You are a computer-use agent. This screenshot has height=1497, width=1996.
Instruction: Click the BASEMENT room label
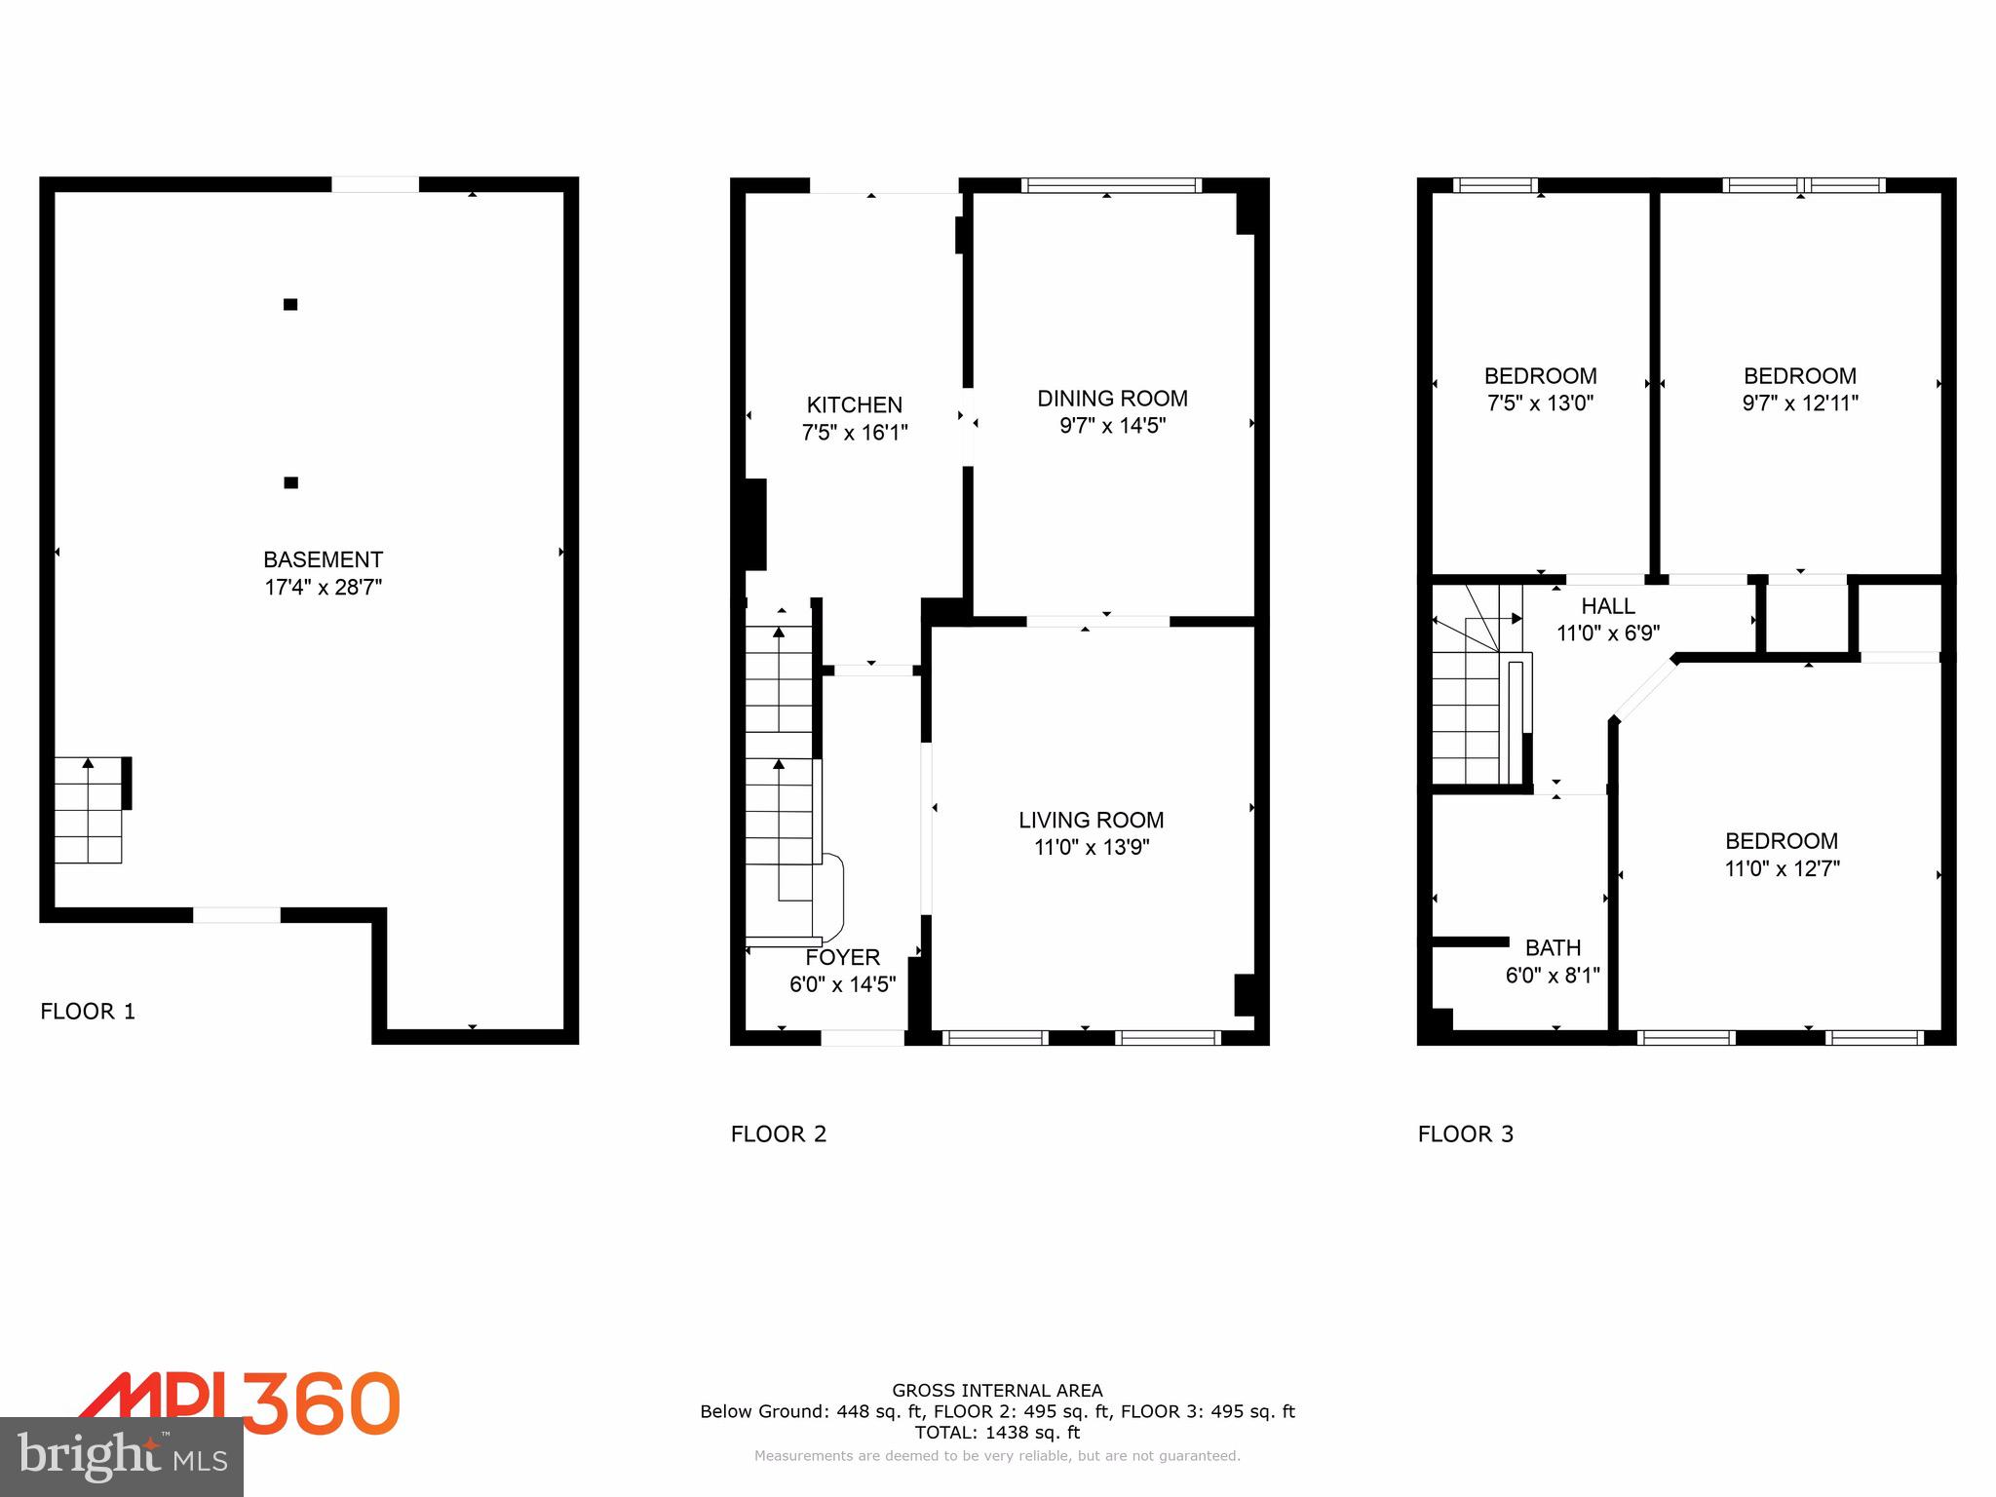[x=323, y=559]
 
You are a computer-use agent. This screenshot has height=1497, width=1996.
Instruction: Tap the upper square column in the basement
[x=290, y=304]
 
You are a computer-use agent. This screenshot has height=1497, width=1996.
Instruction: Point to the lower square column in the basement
[x=290, y=482]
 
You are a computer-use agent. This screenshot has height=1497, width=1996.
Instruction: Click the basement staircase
[x=89, y=810]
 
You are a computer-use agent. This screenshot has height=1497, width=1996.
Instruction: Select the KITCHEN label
[x=854, y=404]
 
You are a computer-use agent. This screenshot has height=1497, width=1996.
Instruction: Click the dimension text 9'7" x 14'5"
[x=1112, y=426]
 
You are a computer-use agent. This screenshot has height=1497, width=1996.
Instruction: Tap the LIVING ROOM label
[x=1091, y=820]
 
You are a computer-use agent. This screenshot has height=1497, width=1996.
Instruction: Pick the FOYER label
[x=842, y=957]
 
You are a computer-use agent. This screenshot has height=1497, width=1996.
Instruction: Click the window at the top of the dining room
[x=1111, y=185]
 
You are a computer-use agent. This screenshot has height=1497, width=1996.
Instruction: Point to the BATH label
[x=1553, y=947]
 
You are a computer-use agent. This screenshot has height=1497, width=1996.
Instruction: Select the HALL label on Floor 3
[x=1607, y=605]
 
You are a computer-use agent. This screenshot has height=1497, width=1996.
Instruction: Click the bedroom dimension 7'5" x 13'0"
[x=1540, y=403]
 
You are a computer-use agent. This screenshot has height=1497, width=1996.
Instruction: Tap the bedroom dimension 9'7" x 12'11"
[x=1799, y=403]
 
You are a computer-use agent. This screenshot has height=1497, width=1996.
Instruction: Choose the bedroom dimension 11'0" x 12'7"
[x=1782, y=868]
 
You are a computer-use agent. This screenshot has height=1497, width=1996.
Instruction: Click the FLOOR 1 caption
[x=88, y=1012]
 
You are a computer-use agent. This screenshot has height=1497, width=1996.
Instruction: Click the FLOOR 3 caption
[x=1465, y=1133]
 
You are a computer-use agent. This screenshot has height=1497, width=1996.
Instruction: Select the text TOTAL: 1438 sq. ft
[x=997, y=1433]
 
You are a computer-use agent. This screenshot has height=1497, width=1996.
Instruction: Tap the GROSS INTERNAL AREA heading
[x=997, y=1391]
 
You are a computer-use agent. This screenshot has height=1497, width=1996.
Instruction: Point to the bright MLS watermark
[x=122, y=1457]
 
